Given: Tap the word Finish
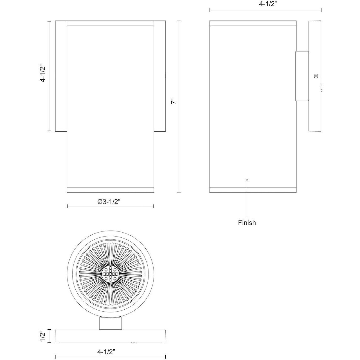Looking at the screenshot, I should click(x=247, y=223).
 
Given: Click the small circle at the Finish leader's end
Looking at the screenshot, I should click(x=247, y=180).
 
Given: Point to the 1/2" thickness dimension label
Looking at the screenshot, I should click(x=43, y=336).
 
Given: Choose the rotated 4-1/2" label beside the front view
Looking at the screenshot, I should click(x=43, y=74).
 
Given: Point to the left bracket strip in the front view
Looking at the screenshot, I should click(x=61, y=76).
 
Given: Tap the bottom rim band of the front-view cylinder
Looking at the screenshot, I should click(x=110, y=190).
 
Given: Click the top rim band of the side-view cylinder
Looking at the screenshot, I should click(x=253, y=23).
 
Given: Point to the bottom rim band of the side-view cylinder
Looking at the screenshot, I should click(x=253, y=190).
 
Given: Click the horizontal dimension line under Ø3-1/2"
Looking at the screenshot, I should click(x=110, y=206).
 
